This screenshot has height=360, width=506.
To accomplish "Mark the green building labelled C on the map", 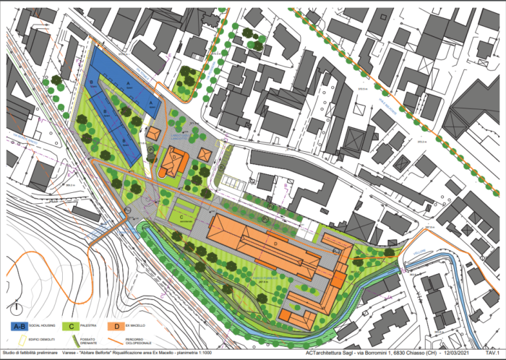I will (179, 215).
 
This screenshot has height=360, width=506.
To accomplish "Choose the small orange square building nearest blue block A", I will (153, 134).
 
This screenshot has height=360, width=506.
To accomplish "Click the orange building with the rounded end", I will (173, 160).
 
